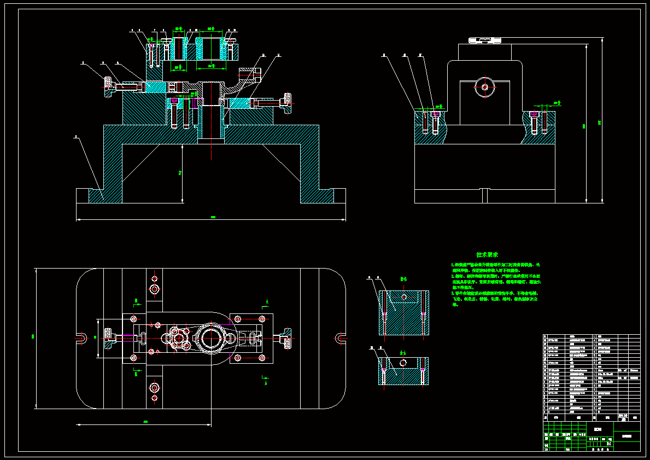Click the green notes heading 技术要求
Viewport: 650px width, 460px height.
coord(487,255)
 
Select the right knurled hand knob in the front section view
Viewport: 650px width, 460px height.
coord(286,103)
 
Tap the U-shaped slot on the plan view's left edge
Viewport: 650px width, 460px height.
coord(81,338)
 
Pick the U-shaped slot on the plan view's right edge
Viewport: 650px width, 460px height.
coord(340,337)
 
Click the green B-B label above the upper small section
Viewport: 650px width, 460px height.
coord(403,279)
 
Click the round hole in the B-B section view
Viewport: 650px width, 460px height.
coord(404,296)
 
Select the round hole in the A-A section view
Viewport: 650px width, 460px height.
coord(403,363)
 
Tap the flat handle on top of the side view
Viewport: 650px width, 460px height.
coord(484,40)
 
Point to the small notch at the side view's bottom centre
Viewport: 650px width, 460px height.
coord(484,196)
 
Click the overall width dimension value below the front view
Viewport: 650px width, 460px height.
coord(212,218)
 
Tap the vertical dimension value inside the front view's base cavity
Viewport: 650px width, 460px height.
coord(180,173)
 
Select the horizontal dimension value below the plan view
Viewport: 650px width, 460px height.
coord(145,422)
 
